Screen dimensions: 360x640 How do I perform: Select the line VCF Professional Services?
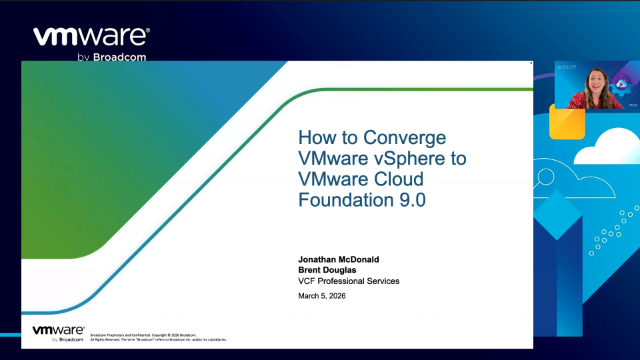tap(349, 281)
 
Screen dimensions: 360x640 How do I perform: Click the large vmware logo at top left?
tap(91, 37)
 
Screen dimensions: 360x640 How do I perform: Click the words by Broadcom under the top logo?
tap(113, 56)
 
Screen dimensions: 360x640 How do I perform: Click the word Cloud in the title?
tap(397, 178)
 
